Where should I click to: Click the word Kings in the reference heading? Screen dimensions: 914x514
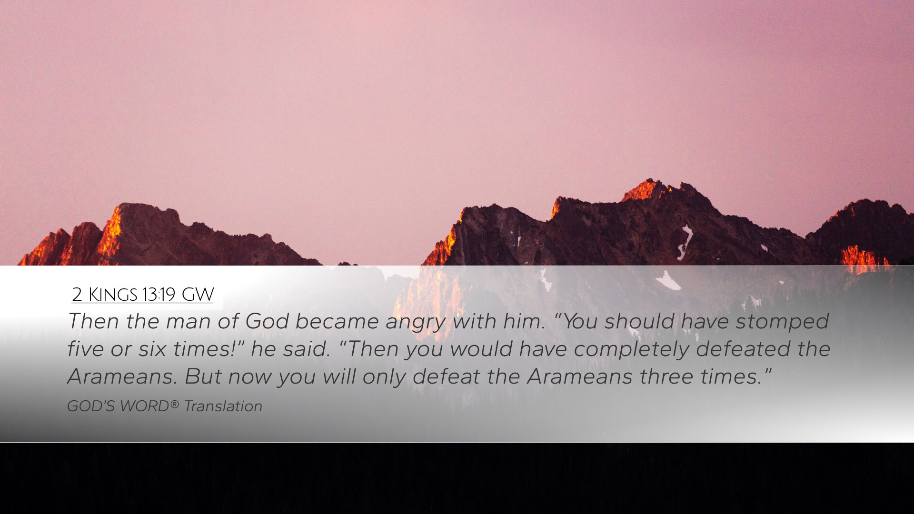(x=113, y=295)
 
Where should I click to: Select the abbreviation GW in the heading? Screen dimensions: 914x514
(x=198, y=295)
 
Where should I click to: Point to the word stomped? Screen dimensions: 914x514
(x=782, y=321)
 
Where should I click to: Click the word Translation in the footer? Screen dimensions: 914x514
(x=223, y=406)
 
